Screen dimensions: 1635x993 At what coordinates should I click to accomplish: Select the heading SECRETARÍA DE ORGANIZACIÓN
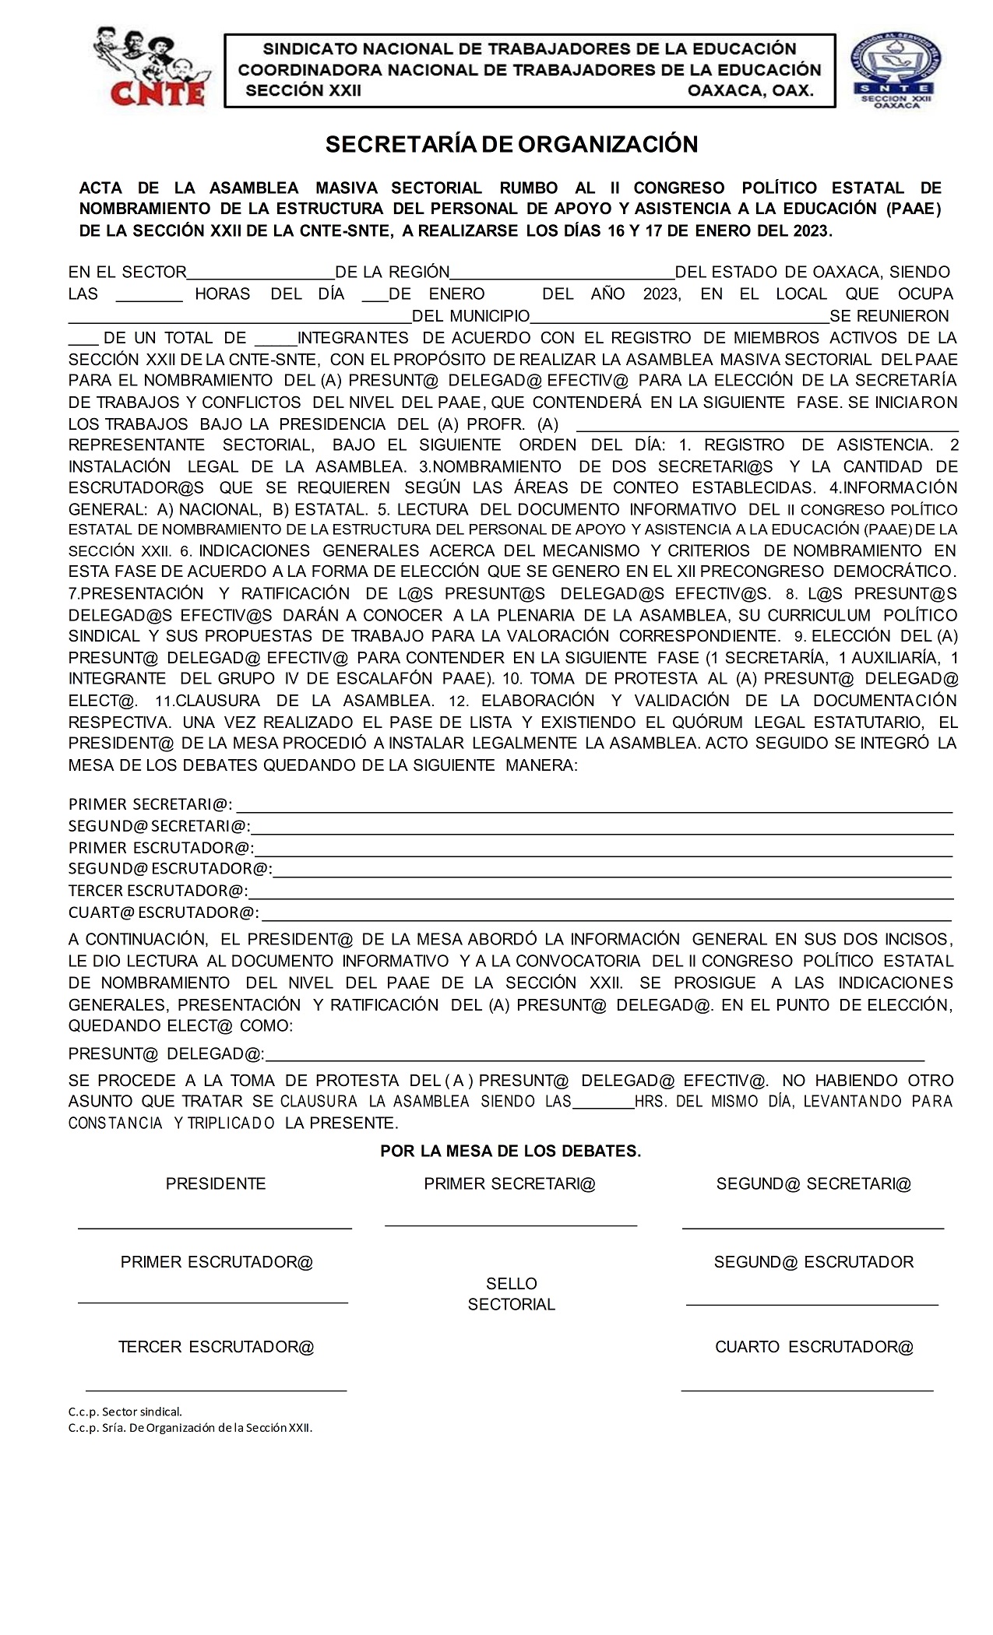click(511, 144)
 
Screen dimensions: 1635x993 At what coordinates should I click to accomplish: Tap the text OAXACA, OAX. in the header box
click(750, 90)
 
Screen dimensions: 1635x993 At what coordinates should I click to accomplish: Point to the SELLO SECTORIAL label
click(511, 1293)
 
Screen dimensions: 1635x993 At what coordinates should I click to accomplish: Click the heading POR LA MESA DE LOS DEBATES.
click(510, 1151)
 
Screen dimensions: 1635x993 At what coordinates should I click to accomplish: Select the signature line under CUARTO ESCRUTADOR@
click(807, 1389)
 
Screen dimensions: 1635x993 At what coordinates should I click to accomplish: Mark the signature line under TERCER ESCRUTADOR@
click(216, 1389)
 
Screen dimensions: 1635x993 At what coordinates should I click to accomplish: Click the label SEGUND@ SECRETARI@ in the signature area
click(813, 1183)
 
